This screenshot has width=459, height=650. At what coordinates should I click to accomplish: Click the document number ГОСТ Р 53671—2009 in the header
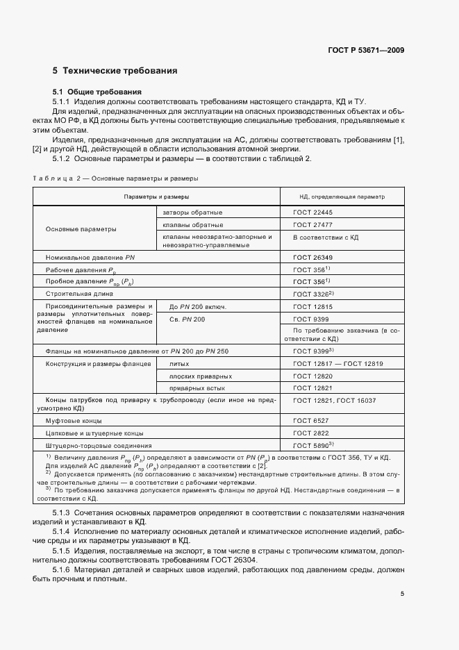click(x=367, y=50)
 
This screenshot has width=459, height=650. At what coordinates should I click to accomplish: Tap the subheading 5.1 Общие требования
click(x=97, y=92)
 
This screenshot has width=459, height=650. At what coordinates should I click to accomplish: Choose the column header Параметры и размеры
click(x=156, y=197)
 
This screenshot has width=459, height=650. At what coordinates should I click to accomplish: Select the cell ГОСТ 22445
click(x=312, y=212)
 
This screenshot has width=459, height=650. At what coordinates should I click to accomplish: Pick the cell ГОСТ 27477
click(x=312, y=225)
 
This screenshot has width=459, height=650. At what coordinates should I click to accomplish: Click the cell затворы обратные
click(x=192, y=212)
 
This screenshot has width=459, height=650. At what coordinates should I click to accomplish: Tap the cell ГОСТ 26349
click(x=312, y=257)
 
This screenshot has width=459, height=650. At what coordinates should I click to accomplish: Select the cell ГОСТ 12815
click(x=312, y=306)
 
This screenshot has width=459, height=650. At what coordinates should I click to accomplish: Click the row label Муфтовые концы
click(x=74, y=421)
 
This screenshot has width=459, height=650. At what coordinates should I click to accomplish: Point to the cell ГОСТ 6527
click(x=310, y=421)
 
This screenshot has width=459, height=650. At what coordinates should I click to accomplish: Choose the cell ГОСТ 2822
click(x=310, y=433)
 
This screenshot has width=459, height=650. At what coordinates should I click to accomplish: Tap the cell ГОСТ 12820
click(x=312, y=376)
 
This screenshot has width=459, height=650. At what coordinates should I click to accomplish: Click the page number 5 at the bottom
click(x=402, y=594)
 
